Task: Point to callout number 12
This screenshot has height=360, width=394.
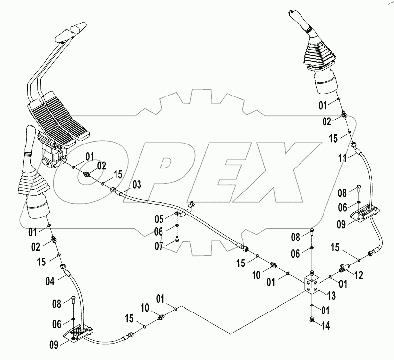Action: (x=359, y=276)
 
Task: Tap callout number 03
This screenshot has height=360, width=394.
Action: (x=137, y=185)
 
